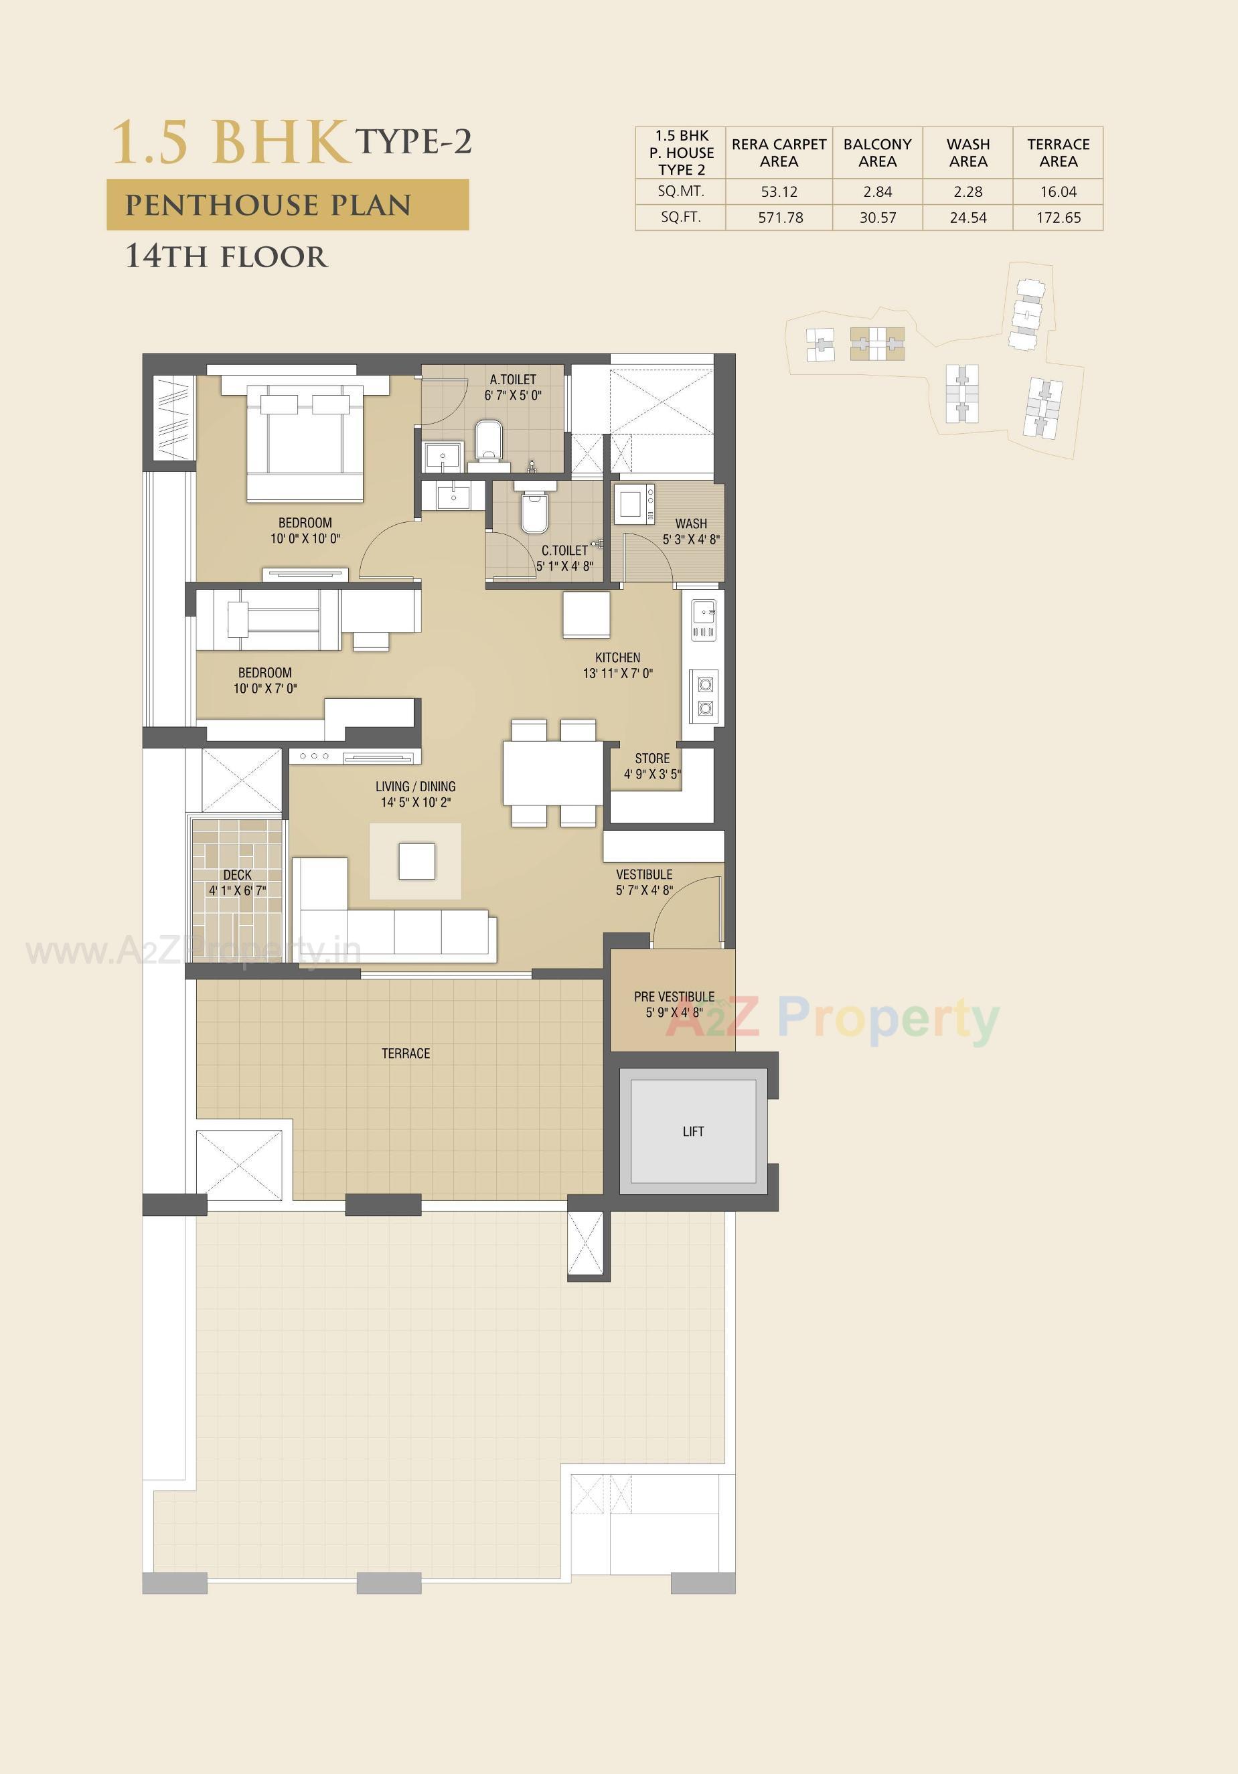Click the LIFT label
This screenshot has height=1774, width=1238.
[692, 1131]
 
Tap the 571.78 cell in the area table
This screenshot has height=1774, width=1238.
[780, 218]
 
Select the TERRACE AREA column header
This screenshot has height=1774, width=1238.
[1058, 153]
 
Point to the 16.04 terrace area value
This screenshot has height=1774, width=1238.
[1058, 191]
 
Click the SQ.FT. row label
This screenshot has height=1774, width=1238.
[681, 217]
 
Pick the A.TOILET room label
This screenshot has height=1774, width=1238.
[512, 380]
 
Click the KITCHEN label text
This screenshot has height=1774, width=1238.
[617, 657]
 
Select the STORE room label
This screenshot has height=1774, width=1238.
[652, 758]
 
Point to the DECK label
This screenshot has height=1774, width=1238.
[237, 875]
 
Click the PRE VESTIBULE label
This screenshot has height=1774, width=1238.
[674, 997]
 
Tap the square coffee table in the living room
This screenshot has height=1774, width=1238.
[416, 861]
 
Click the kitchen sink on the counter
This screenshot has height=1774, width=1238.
[703, 613]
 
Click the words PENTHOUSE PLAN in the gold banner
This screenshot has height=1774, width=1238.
[268, 206]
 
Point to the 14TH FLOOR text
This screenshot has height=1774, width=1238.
[226, 256]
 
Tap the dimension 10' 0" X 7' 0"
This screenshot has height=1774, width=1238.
[265, 688]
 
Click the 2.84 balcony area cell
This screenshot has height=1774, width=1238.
[877, 191]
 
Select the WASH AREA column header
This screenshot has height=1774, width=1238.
[968, 153]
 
